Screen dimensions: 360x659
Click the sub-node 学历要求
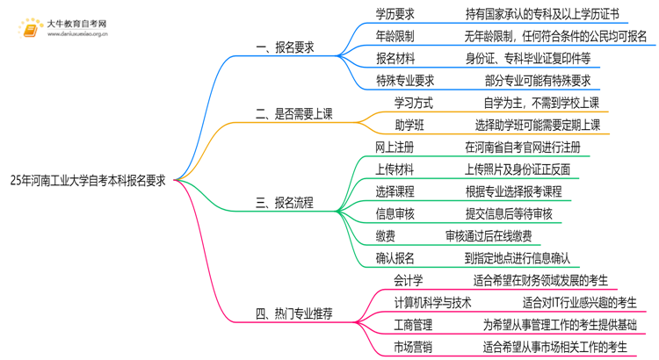tap(396, 13)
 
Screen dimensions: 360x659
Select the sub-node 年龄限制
tap(396, 36)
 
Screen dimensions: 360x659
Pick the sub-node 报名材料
tap(396, 59)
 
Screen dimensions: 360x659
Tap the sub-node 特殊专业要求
tap(407, 81)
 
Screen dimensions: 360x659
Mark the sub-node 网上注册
tap(395, 147)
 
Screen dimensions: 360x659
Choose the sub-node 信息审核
tap(395, 213)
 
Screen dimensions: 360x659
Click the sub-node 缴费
tap(385, 235)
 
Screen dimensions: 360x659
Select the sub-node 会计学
tap(409, 281)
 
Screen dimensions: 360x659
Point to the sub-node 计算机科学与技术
tap(433, 303)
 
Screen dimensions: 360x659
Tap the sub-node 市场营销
tap(413, 348)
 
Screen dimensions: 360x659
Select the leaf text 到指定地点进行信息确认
tap(518, 258)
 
